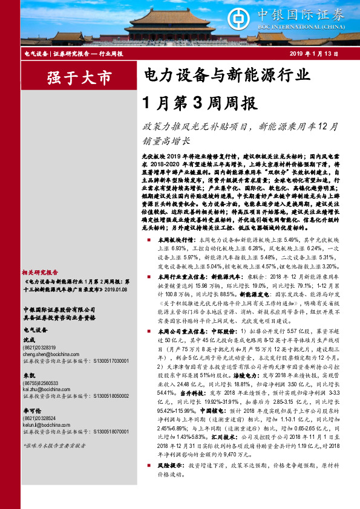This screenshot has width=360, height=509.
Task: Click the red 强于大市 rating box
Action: [71, 78]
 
